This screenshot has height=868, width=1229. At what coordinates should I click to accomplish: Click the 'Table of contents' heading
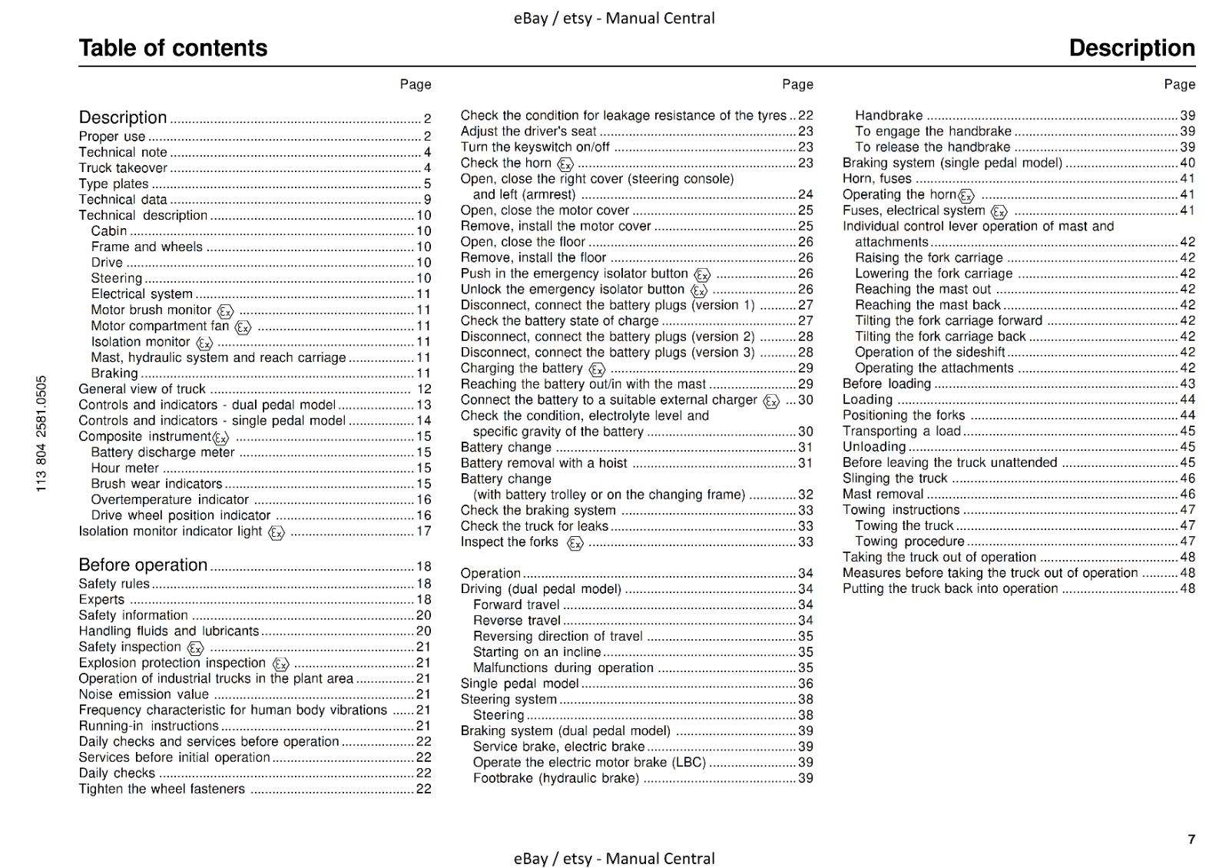coord(173,48)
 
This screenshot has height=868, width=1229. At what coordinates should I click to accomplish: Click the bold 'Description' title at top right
coord(1131,48)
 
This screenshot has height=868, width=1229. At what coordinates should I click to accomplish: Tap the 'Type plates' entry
coord(114,184)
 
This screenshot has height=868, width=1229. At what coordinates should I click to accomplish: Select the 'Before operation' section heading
coord(143,565)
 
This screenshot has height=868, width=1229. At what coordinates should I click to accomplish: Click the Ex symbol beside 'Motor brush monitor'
coord(225,311)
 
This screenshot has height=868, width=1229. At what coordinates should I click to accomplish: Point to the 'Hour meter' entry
coord(124,468)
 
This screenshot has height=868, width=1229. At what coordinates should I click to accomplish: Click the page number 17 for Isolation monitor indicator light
coord(424,531)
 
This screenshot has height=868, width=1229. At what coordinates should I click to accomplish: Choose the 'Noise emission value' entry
coord(144,694)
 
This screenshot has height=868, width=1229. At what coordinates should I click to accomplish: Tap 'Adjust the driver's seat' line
coord(528,131)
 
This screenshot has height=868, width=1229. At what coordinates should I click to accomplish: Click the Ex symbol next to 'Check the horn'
coord(565,164)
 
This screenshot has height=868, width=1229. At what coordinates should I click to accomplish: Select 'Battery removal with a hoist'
coord(544,463)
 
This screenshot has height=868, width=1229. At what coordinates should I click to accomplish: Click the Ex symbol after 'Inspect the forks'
coord(575,543)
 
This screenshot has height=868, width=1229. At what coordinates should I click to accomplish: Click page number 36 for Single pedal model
coord(805,684)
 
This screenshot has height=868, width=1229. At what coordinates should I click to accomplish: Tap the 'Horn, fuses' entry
coord(877,178)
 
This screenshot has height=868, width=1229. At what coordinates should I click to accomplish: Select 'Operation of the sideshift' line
coord(930,352)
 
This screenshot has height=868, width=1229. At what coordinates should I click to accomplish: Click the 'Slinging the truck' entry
coord(895,479)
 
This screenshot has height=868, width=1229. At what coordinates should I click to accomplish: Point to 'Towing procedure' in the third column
coord(909,542)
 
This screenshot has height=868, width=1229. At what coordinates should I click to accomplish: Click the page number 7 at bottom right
coord(1191,839)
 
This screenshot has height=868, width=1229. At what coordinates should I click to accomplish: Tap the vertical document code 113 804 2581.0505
coord(41,433)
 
